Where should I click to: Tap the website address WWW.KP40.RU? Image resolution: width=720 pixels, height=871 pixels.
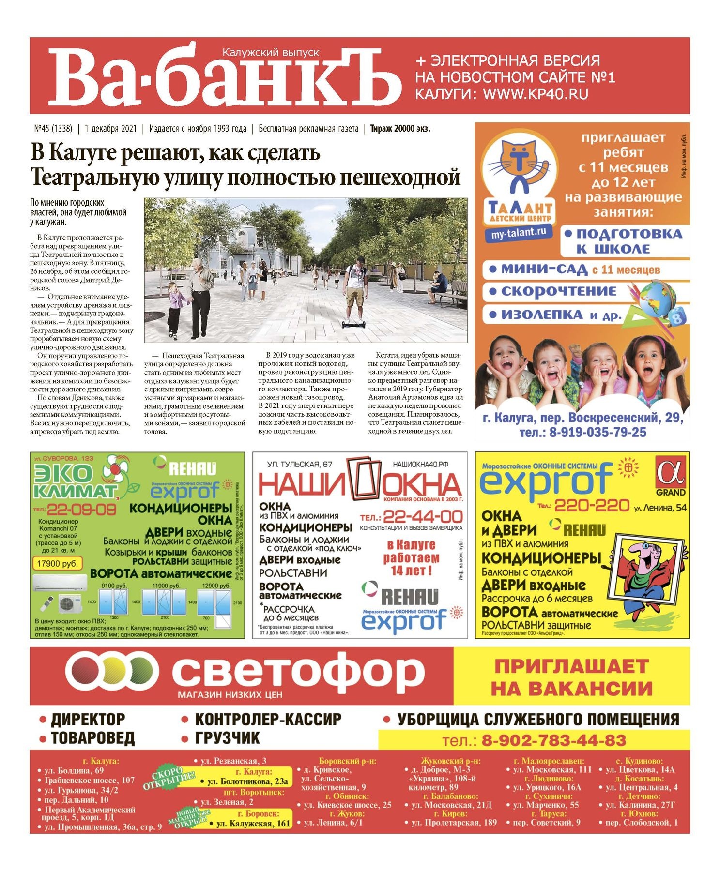tap(536, 93)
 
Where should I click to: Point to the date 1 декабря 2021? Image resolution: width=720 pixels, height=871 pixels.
tap(110, 129)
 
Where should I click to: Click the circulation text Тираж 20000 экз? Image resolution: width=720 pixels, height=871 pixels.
tap(400, 129)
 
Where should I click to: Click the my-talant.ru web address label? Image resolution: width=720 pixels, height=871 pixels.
tap(518, 233)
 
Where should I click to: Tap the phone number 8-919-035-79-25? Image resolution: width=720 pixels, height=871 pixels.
tap(597, 432)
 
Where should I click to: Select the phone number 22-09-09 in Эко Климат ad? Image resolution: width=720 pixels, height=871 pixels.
tap(81, 510)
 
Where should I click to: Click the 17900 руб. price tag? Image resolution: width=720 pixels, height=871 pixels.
tap(57, 563)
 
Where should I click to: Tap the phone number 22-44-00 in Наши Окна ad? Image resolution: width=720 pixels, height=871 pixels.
tap(423, 516)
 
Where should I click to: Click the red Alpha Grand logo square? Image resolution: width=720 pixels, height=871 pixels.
tap(671, 472)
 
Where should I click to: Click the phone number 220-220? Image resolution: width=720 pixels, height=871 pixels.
tap(591, 506)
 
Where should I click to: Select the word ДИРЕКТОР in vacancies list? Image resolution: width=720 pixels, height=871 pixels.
tap(88, 720)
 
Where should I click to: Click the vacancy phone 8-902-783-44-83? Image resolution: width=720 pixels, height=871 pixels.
tap(553, 740)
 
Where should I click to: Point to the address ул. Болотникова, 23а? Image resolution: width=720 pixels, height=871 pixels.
tap(247, 781)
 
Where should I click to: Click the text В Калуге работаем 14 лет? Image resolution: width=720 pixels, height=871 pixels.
tap(411, 558)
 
